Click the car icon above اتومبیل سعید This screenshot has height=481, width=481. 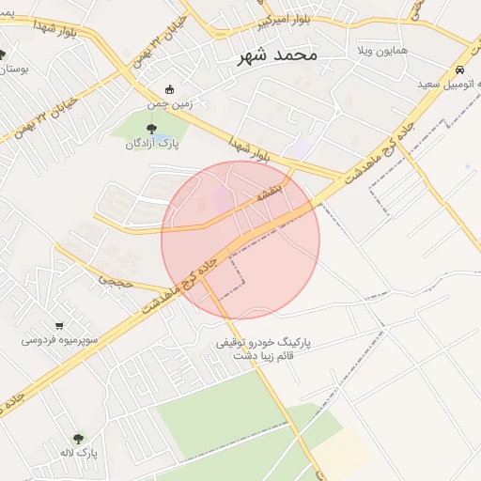pyautogui.click(x=459, y=70)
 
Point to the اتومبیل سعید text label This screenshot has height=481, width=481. pyautogui.click(x=450, y=85)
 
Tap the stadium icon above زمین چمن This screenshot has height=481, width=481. pyautogui.click(x=169, y=90)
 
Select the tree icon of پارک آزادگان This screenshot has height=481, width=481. pyautogui.click(x=151, y=129)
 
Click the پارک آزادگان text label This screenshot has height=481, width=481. pyautogui.click(x=152, y=144)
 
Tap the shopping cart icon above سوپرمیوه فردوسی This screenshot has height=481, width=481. pyautogui.click(x=59, y=325)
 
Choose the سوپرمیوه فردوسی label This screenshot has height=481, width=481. pyautogui.click(x=55, y=339)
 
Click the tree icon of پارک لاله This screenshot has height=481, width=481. pyautogui.click(x=78, y=439)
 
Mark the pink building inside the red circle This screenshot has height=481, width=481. pyautogui.click(x=221, y=198)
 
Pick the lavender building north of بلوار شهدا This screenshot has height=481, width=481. pyautogui.click(x=301, y=149)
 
